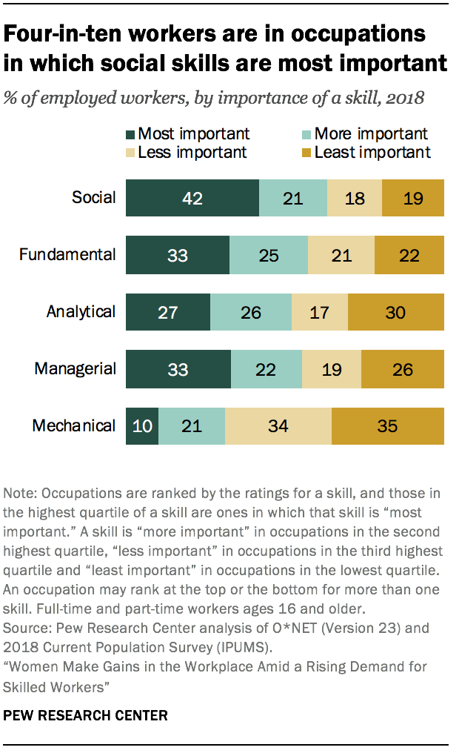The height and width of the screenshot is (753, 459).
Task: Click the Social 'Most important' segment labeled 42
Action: (192, 198)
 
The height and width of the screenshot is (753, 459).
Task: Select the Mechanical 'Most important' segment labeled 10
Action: (142, 426)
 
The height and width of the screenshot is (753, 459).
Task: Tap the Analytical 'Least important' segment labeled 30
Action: (395, 312)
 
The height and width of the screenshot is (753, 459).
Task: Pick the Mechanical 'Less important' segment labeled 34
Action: (278, 426)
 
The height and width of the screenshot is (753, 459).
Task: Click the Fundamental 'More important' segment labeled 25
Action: (268, 255)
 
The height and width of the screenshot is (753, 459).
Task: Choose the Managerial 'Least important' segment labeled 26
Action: (403, 369)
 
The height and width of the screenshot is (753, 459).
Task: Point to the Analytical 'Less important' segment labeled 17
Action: (320, 312)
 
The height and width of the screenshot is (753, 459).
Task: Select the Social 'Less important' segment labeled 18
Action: (355, 198)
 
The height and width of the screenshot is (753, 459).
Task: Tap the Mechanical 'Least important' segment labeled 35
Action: (388, 426)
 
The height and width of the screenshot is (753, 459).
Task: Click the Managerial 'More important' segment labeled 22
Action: (267, 369)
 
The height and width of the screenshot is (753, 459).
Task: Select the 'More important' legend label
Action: (371, 134)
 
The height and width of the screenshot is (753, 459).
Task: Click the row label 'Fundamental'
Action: (67, 255)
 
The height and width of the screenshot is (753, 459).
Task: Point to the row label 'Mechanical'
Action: (74, 426)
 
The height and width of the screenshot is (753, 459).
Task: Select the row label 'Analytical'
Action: (81, 312)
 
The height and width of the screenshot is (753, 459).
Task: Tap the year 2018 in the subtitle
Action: (403, 98)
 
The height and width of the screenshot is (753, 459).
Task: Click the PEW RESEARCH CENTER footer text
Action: (86, 716)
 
